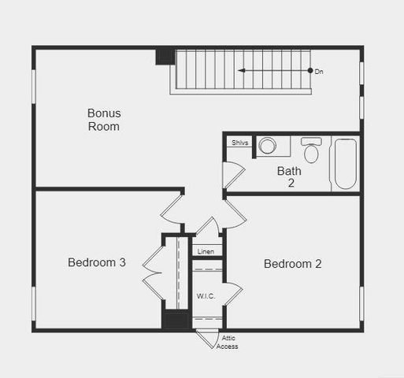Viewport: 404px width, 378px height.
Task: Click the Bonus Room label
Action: pos(104,120)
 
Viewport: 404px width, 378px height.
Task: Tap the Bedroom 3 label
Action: pos(96,263)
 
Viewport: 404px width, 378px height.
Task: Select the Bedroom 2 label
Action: pos(292,264)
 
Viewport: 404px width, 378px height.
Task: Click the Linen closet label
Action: pos(206,251)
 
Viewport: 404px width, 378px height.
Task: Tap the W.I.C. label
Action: pos(206,296)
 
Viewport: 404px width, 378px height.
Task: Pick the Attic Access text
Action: pos(228,343)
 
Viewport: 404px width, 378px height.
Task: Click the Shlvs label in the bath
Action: pos(239,143)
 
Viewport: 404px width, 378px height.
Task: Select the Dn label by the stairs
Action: pos(319,72)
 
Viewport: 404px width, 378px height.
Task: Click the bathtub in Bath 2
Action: pos(345,163)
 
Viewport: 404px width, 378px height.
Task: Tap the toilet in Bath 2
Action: pos(311,150)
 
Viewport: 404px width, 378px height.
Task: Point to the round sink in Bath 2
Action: pos(268,146)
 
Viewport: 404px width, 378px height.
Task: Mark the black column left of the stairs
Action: pos(164,56)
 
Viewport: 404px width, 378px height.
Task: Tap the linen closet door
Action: pos(206,228)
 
